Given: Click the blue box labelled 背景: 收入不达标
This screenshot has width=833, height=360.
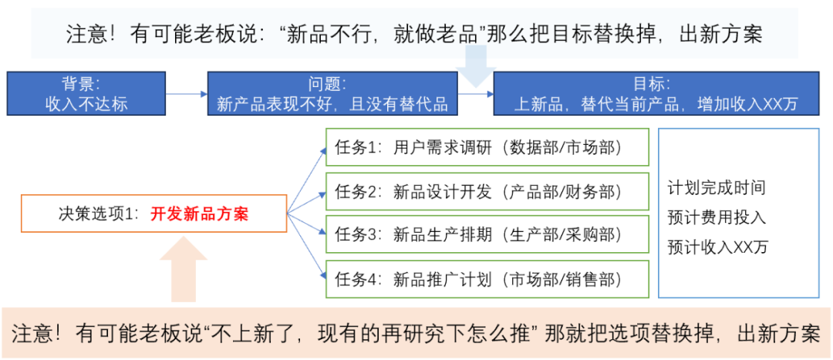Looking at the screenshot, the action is coord(86,93).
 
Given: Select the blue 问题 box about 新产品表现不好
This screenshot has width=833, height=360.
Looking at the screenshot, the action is coord(332,93).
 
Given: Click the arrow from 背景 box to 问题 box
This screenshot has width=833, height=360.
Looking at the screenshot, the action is coord(187,94).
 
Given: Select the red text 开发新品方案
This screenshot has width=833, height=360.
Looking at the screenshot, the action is coord(199,214).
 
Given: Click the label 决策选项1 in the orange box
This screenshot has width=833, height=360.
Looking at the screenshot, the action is coord(96,214).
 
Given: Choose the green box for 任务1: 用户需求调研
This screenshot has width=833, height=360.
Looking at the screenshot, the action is coord(487,147).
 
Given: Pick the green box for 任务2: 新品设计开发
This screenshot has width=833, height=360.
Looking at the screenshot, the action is coord(487,190).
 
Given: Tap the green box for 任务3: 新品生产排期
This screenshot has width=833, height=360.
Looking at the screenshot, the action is coord(487,234).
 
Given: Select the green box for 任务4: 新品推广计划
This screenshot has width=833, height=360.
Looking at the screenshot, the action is coord(487,278).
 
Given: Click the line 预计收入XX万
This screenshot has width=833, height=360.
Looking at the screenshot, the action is coord(718,247).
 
